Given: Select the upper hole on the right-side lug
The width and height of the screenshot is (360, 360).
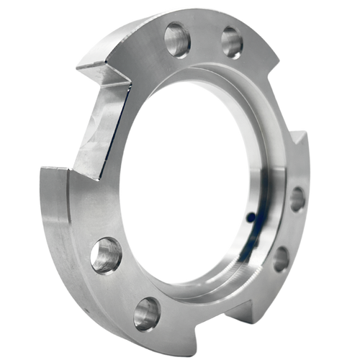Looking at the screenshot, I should pos(295,199).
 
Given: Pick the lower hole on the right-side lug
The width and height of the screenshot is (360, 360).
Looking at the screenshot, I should pos(281,257).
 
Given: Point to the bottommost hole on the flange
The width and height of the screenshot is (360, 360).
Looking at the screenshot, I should pos(145,313).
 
